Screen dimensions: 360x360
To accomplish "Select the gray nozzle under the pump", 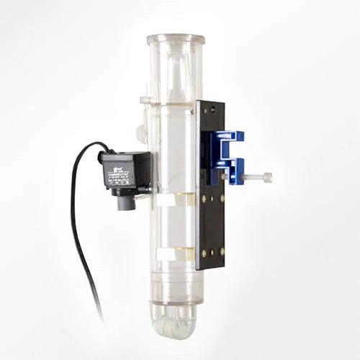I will pos(126,202).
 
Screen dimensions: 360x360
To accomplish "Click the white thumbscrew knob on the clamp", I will pos(268,176).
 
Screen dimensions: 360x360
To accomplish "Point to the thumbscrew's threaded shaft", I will pos(248,176).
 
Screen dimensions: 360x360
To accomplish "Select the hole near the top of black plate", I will pos(210,110).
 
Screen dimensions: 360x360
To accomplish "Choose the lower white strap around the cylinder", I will pos(175,253).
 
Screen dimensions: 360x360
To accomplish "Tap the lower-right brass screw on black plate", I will pos(221,251).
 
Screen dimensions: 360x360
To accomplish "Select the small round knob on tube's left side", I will pos(141,133).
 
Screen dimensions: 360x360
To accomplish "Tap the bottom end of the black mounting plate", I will pos(211,265).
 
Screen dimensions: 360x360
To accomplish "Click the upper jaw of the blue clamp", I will pos(229,137).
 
